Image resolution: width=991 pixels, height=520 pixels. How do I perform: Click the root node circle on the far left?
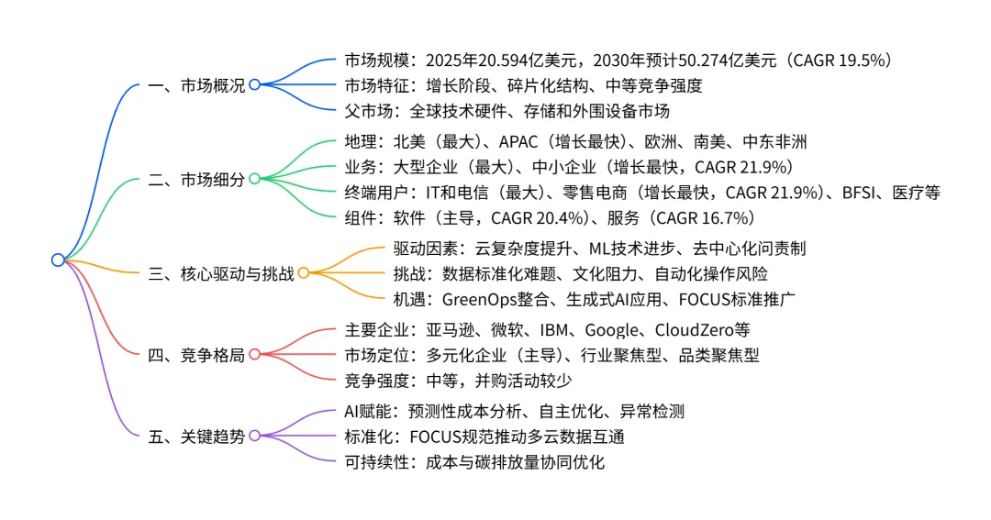click(x=58, y=260)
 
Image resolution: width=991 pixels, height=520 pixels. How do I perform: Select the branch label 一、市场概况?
click(x=196, y=86)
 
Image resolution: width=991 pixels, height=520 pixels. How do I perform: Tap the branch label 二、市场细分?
click(x=196, y=180)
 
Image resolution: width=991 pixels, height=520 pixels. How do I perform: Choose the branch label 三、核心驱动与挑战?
click(x=221, y=273)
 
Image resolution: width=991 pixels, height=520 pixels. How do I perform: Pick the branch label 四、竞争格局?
click(x=196, y=355)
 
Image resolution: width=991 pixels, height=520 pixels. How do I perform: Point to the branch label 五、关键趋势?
click(x=196, y=437)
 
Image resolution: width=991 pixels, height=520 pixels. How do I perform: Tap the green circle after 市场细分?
click(x=255, y=179)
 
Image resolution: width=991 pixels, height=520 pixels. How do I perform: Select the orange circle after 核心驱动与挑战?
click(x=304, y=272)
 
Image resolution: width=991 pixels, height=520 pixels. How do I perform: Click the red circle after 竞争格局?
click(x=255, y=354)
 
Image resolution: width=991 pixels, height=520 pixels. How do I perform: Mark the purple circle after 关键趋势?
click(x=255, y=436)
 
